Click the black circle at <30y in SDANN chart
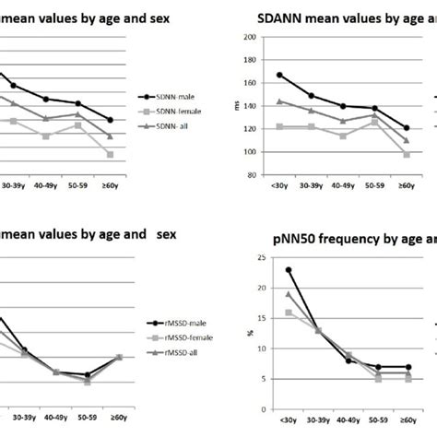pyautogui.click(x=279, y=76)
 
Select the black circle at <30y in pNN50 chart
pyautogui.click(x=289, y=270)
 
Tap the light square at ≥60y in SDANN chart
pyautogui.click(x=407, y=154)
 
